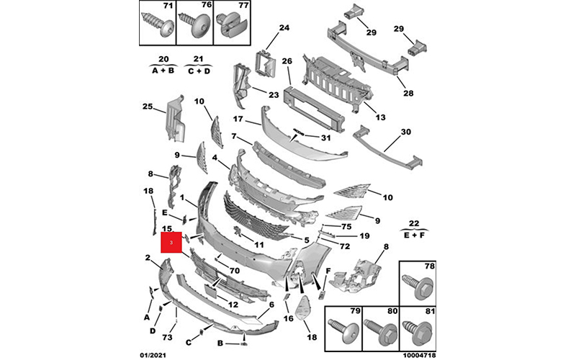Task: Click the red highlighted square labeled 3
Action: tap(172, 243)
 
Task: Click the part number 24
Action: tap(284, 28)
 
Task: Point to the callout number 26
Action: tap(287, 61)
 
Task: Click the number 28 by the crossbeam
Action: tap(408, 92)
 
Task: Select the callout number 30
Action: tap(405, 132)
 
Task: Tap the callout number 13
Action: tap(381, 117)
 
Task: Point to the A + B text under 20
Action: tap(163, 71)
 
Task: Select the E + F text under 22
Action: tap(413, 235)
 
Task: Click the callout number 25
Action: tap(148, 107)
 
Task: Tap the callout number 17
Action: tap(238, 120)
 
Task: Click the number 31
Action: tap(325, 138)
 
